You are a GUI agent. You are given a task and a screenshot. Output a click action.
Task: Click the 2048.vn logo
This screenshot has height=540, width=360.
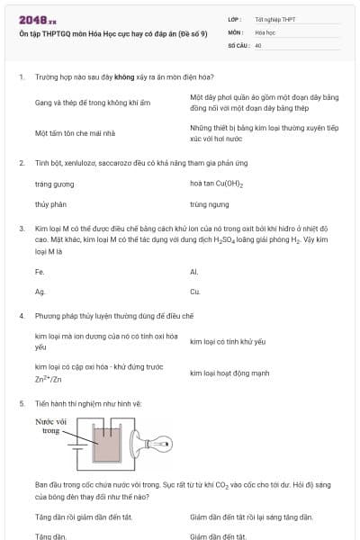tap(37, 18)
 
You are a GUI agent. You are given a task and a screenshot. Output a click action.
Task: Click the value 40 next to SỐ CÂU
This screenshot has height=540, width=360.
tap(258, 44)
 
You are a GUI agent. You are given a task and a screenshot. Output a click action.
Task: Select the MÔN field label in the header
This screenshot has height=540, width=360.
tap(235, 31)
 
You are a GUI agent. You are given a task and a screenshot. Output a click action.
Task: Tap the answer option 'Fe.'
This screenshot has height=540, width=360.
tap(40, 271)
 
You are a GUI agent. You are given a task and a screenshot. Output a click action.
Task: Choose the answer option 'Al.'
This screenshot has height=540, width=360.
tap(194, 271)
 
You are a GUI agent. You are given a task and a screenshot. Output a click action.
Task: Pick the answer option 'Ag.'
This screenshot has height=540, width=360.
tap(40, 292)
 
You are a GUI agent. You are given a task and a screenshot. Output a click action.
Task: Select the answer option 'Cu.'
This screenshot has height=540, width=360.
tap(194, 292)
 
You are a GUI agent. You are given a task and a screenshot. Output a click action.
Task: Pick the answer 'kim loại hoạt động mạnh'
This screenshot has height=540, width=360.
tap(229, 373)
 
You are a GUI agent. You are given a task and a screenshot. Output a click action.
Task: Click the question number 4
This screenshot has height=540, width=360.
tap(21, 317)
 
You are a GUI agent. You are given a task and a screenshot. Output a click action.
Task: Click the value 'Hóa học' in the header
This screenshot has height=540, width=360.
tap(265, 31)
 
